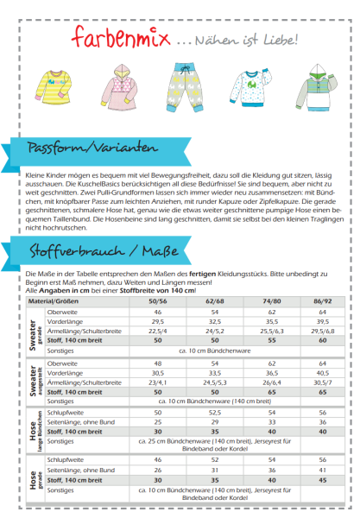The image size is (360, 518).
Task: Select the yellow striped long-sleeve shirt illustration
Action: [57, 87]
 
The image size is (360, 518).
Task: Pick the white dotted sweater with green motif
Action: [250, 87]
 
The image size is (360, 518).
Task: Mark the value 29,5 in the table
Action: [158, 319]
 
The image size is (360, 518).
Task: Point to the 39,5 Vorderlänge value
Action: [322, 319]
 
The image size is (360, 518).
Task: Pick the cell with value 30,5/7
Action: [322, 383]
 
